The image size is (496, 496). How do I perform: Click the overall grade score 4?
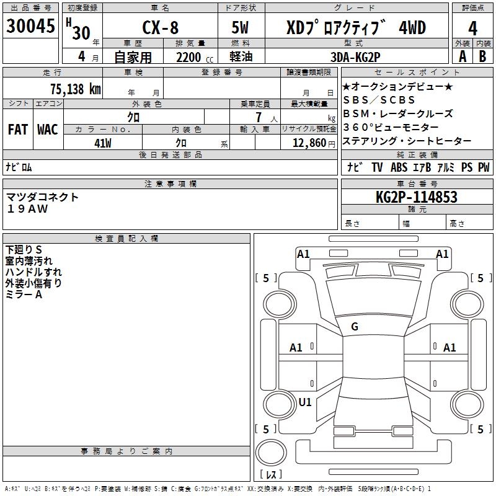pos(473,28)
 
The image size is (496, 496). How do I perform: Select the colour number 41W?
pos(103,143)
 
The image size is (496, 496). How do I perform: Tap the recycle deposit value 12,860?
pos(309,143)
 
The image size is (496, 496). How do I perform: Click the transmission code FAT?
pos(17,130)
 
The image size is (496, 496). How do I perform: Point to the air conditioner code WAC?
pos(47,130)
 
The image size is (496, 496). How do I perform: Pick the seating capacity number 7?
pos(257,117)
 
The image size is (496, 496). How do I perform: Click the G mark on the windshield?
pos(355,326)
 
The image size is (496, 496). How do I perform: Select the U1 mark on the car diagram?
pos(305,402)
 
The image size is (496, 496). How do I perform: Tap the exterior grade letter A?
pos(462,56)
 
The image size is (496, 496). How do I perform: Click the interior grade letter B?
pos(483,56)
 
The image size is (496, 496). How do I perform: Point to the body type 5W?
pos(241,28)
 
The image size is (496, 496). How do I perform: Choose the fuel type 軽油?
pos(241,57)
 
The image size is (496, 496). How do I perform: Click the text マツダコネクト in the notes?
pos(43,197)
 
